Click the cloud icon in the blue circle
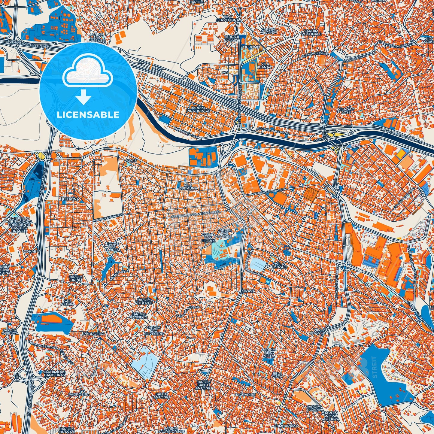point(87,74)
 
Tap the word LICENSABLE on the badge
point(88,115)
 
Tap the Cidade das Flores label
point(112,246)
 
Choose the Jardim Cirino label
point(75,278)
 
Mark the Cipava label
point(248,291)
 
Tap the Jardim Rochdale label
point(312,32)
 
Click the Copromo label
point(250,47)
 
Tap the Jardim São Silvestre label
point(153,330)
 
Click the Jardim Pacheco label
point(139,315)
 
